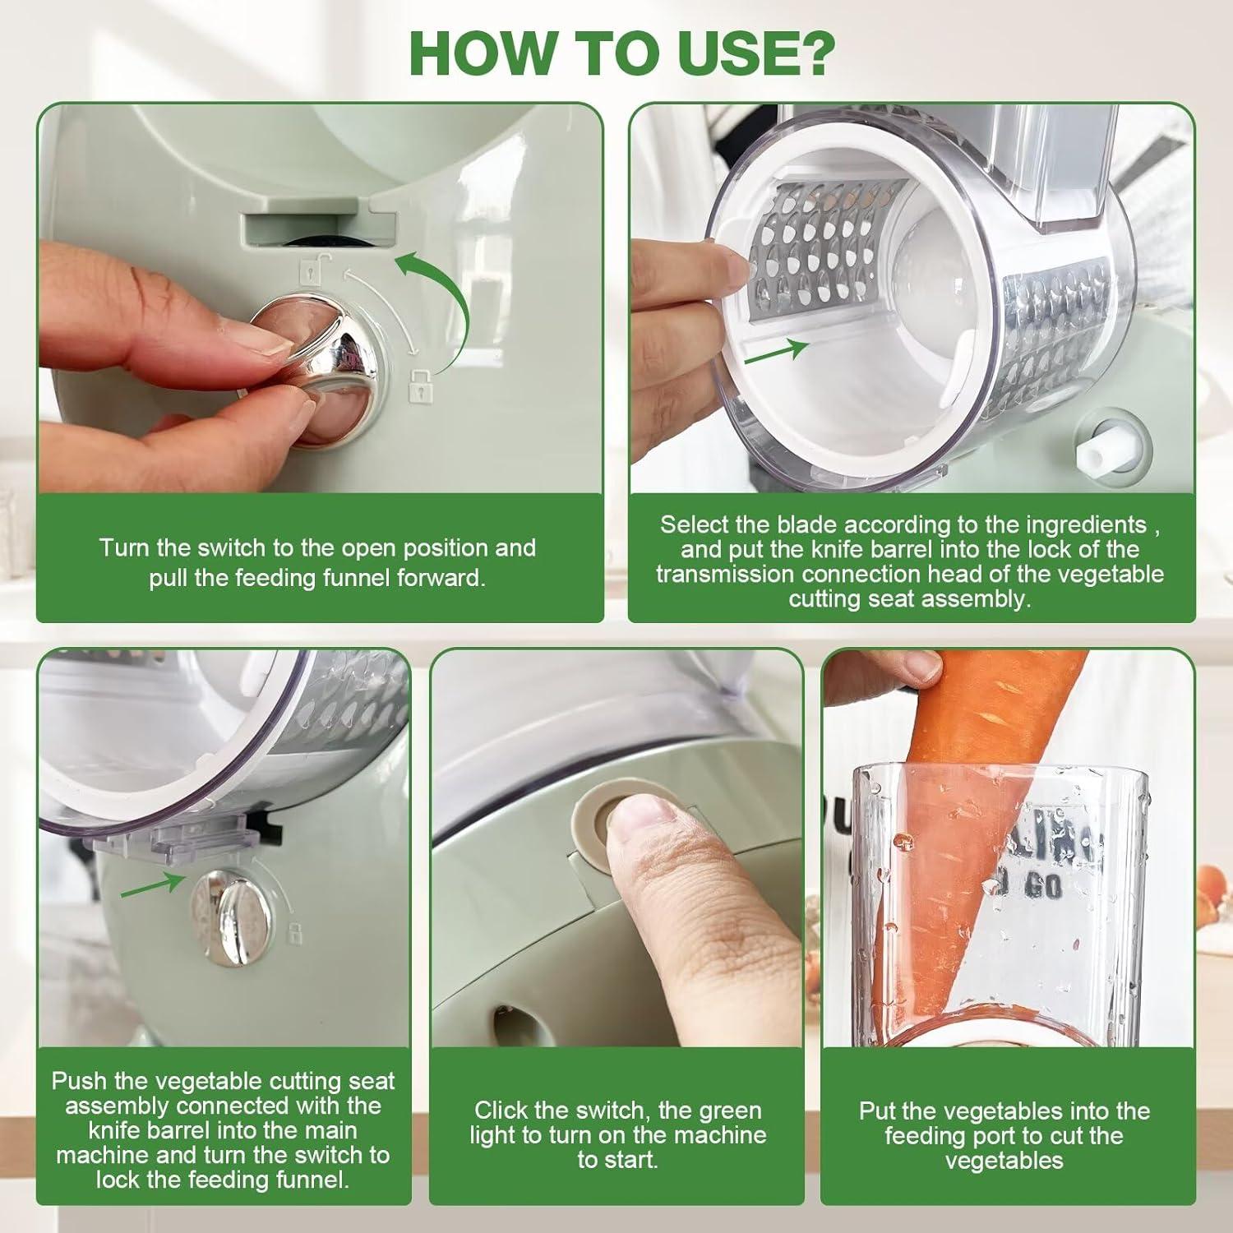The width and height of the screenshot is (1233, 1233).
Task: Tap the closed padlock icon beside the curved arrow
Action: point(420,385)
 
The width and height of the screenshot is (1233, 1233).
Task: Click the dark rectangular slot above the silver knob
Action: point(316,229)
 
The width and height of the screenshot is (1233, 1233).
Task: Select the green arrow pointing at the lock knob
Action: point(152,885)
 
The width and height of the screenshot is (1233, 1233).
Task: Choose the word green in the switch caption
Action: point(727,1111)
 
